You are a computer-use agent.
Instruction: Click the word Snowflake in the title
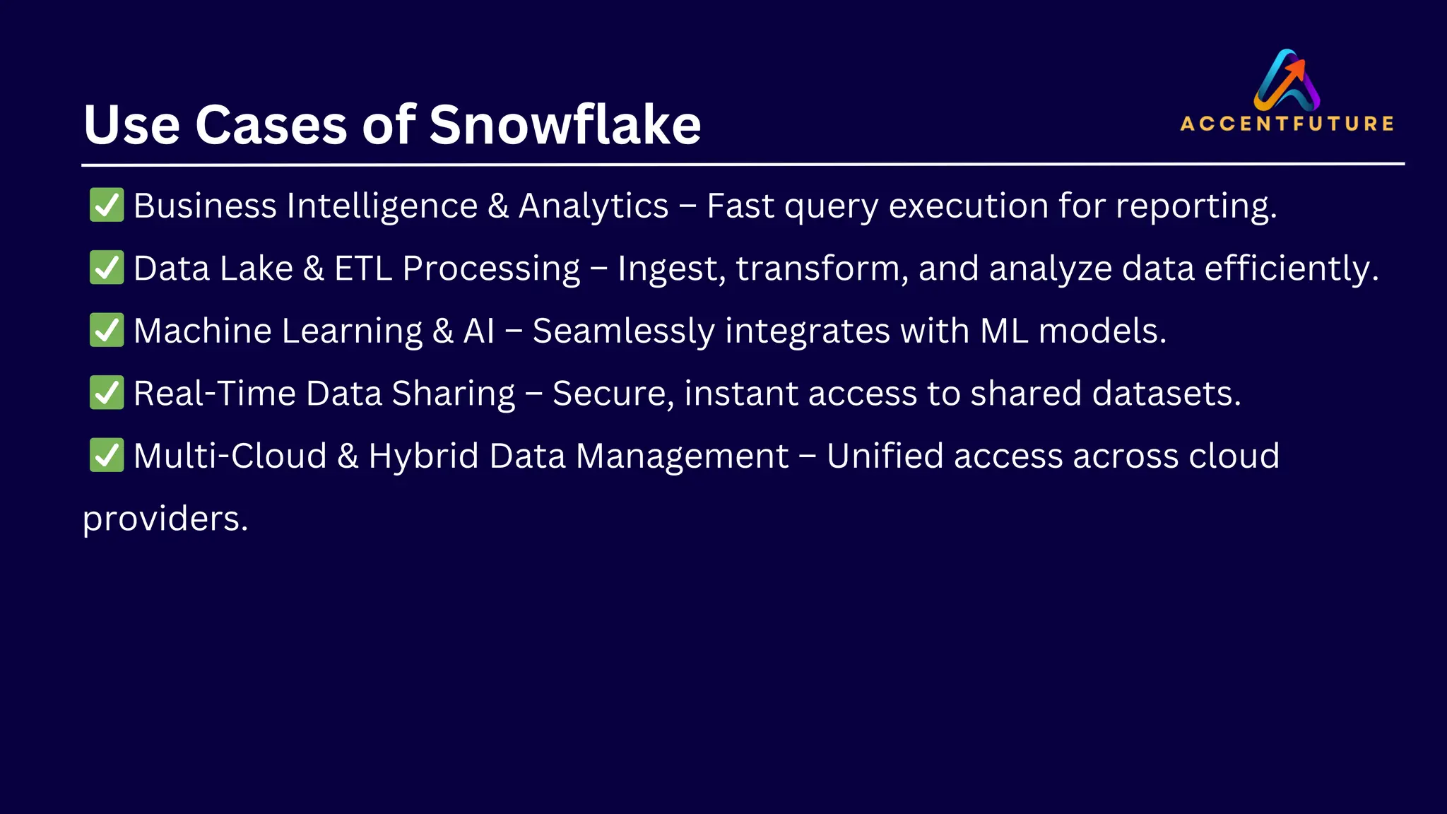565,125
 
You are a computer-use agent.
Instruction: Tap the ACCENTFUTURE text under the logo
1287,124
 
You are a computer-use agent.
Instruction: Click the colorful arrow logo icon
1287,79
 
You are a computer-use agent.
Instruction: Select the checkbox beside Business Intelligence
107,205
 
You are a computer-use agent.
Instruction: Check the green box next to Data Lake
107,268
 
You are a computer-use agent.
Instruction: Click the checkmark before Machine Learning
107,330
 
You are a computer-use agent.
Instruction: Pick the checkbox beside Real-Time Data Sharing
107,393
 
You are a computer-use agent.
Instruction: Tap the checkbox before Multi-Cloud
107,455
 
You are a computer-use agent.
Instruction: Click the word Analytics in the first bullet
593,206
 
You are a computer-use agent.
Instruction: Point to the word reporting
1195,206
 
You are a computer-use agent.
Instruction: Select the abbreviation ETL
362,269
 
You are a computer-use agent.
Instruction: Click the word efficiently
1291,269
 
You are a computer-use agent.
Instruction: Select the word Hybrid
424,456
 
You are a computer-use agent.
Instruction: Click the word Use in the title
131,125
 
